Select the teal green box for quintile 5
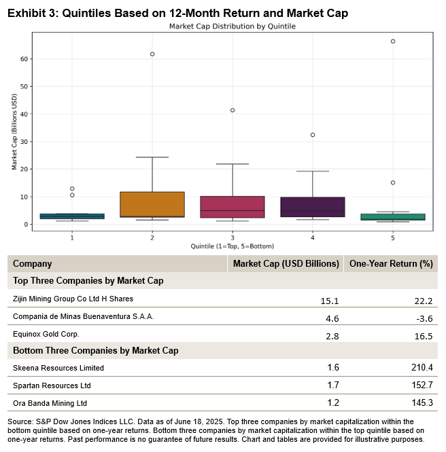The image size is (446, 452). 393,217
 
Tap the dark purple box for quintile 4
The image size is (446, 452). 313,207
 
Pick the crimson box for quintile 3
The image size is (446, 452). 233,206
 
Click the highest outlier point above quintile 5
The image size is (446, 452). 393,41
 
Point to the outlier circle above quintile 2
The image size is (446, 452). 152,54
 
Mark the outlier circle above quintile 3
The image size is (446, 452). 233,110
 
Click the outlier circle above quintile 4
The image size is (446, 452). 313,135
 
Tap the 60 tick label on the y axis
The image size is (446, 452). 24,59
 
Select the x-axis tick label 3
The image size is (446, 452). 233,238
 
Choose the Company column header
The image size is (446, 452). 33,264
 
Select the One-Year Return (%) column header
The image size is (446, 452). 390,264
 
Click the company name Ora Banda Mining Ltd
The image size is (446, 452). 50,402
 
